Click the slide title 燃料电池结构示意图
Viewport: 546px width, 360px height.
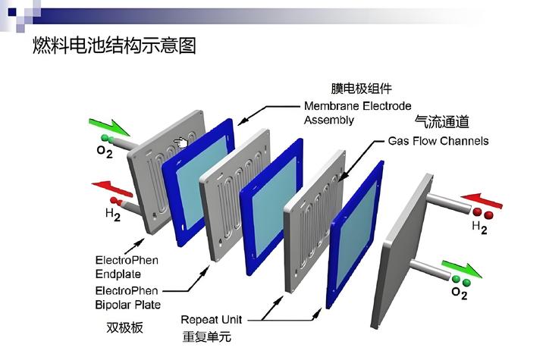point(115,45)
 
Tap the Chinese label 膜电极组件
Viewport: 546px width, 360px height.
point(361,89)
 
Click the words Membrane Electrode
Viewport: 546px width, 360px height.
point(358,106)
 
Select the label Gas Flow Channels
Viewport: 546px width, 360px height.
point(438,141)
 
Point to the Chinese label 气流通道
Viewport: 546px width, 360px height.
point(441,121)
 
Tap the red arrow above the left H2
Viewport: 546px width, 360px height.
point(112,189)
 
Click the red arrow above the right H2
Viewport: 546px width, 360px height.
point(482,201)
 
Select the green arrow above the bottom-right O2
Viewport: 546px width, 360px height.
point(463,268)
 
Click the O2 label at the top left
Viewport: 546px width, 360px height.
point(105,151)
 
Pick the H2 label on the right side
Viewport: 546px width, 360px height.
point(479,227)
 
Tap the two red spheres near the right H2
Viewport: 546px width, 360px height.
point(482,213)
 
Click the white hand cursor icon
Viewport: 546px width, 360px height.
point(181,142)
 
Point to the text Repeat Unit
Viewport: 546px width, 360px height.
point(212,320)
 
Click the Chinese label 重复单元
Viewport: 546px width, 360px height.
point(207,337)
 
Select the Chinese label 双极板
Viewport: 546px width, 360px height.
point(124,327)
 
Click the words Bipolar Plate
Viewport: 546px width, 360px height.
point(128,305)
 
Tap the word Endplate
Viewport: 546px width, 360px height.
point(118,274)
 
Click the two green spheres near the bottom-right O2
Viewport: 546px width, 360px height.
point(461,280)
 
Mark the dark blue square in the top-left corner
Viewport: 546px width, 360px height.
point(12,12)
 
